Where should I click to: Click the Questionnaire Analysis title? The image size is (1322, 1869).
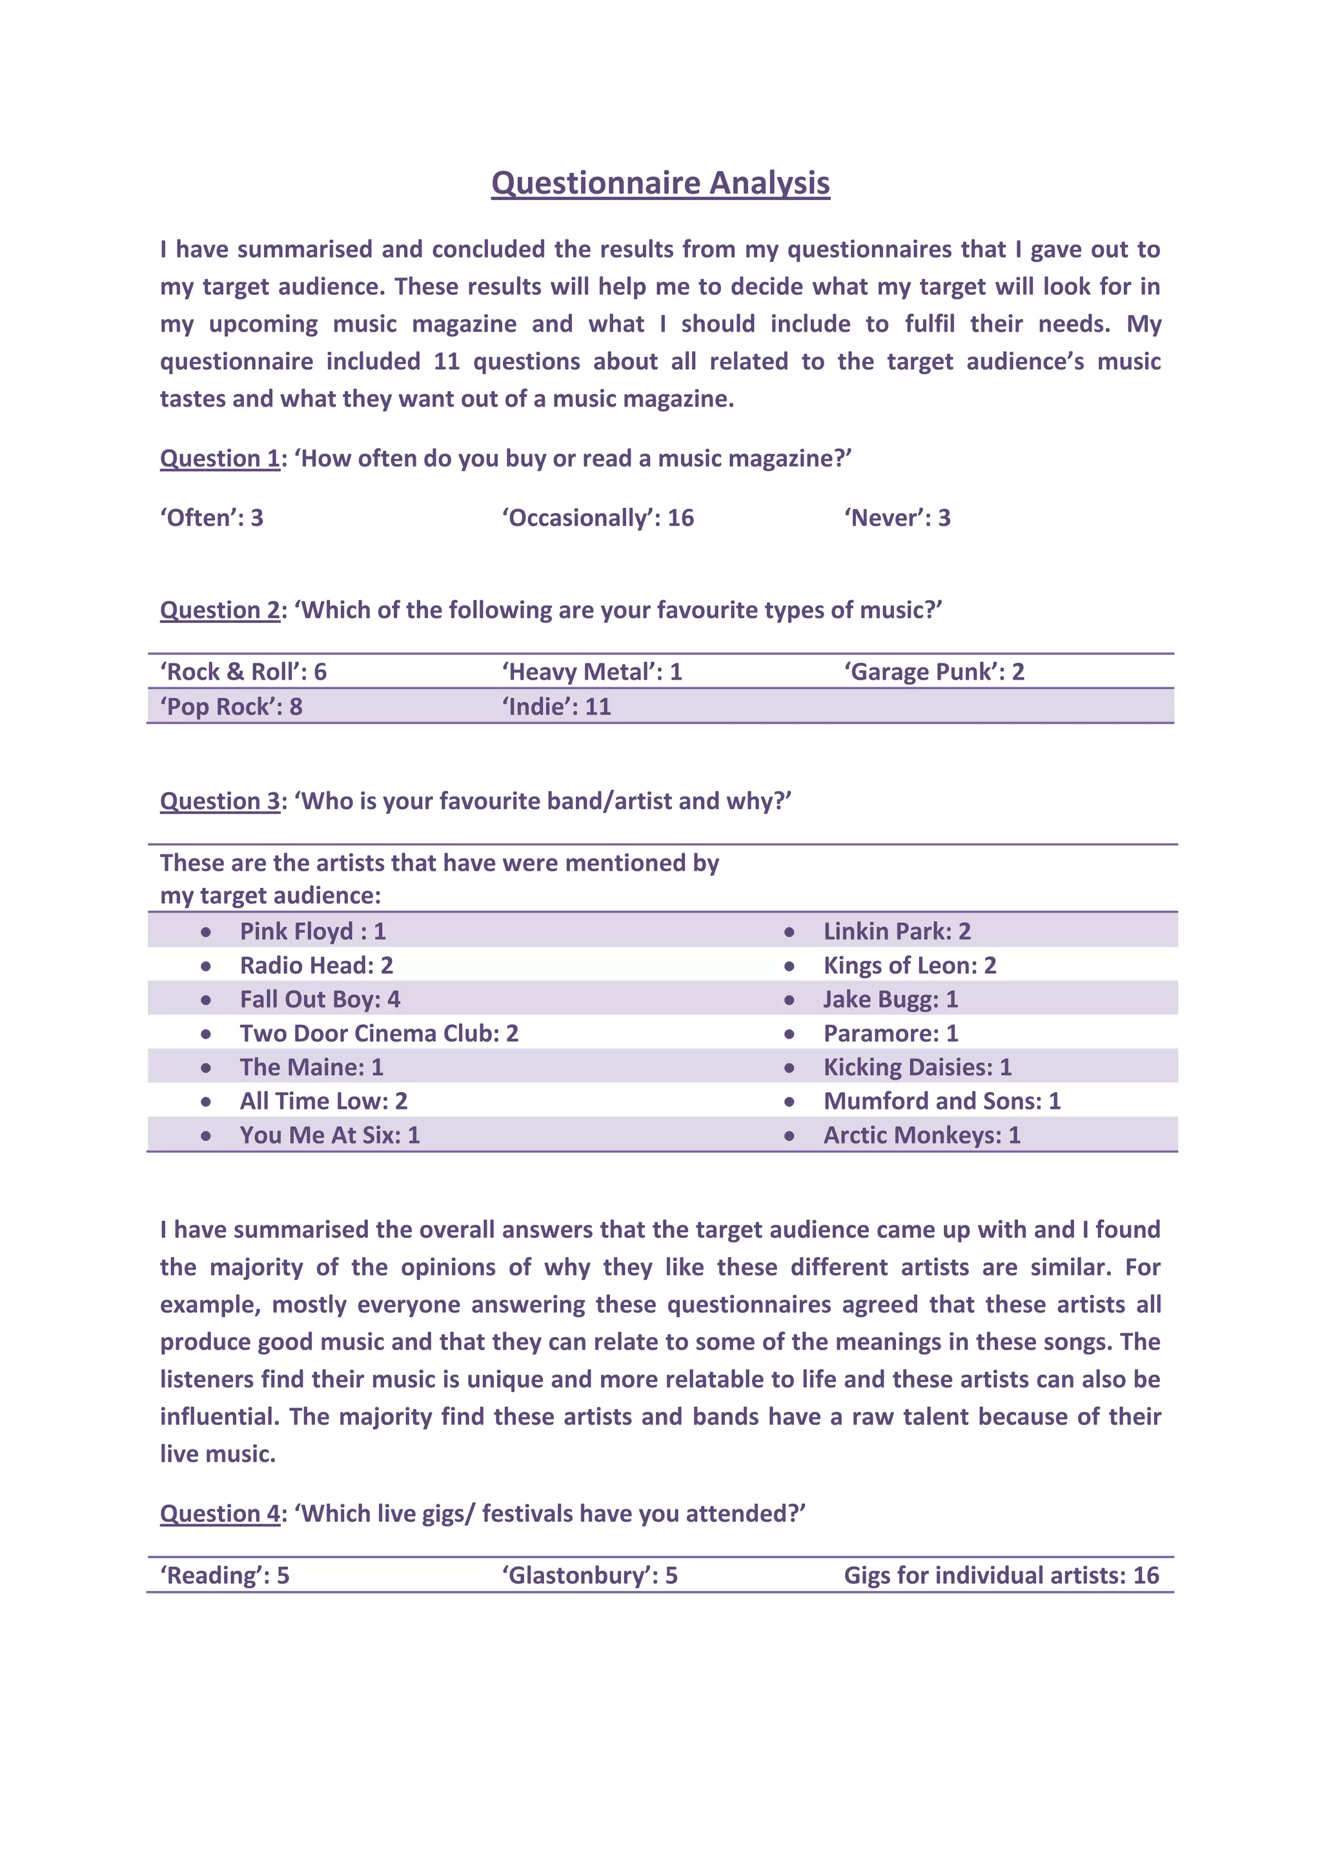(660, 183)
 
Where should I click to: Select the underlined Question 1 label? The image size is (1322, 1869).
(219, 458)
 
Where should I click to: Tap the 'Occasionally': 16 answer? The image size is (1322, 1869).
(598, 518)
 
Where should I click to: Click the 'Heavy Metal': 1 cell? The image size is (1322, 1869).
(592, 672)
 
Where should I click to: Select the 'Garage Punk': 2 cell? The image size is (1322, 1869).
(933, 672)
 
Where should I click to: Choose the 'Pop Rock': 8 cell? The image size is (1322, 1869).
(231, 707)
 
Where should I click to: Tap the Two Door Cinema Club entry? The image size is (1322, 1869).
(378, 1033)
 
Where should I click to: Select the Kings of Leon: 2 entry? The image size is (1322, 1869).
(910, 965)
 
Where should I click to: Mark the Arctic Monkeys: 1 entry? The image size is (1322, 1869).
(922, 1135)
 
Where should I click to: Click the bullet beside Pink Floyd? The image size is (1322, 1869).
(206, 932)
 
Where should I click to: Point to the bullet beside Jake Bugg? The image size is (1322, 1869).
(789, 1000)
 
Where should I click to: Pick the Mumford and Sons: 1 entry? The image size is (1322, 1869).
(942, 1100)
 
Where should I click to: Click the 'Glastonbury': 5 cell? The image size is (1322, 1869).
(589, 1575)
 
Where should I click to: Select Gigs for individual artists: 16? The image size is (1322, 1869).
(1001, 1575)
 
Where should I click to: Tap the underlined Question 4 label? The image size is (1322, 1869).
(219, 1513)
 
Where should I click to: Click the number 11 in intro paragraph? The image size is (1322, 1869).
(446, 361)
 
